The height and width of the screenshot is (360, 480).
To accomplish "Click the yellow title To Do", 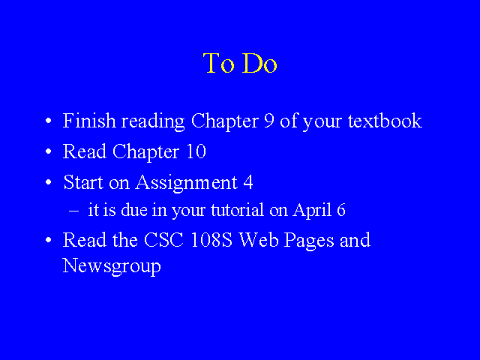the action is click(x=240, y=63).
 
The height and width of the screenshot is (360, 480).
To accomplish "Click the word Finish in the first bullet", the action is click(x=89, y=121).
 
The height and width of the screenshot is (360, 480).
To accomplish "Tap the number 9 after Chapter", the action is click(x=269, y=121).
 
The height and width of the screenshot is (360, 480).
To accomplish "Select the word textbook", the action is click(x=385, y=121).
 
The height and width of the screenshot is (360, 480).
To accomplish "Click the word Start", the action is click(x=83, y=182).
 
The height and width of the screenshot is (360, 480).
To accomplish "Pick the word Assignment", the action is click(x=187, y=183).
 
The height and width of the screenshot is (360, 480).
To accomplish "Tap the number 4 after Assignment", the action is click(x=248, y=182).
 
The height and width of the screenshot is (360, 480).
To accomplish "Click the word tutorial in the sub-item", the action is click(x=237, y=210).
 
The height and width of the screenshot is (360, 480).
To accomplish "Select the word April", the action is click(x=312, y=211).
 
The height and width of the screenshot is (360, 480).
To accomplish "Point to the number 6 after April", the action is click(x=341, y=210).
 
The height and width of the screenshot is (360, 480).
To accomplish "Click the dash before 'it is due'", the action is click(x=73, y=211).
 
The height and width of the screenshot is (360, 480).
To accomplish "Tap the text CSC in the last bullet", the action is click(x=163, y=240).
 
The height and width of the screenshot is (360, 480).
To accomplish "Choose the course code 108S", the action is click(x=211, y=240).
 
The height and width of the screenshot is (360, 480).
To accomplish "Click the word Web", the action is click(x=259, y=240).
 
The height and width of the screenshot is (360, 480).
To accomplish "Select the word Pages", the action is click(x=309, y=241).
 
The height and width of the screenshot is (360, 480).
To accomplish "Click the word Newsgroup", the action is click(x=112, y=266).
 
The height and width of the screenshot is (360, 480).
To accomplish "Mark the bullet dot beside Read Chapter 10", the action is click(x=48, y=151).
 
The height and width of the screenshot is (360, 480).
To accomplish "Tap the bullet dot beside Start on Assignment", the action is click(x=48, y=182).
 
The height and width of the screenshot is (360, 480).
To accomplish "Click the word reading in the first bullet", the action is click(x=153, y=121).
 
